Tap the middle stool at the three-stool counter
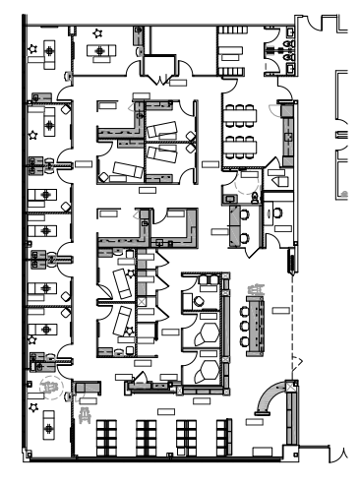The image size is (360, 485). [243, 322]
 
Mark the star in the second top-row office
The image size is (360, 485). [95, 34]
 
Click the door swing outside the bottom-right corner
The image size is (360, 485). [341, 454]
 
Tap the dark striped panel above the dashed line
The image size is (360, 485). [290, 261]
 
